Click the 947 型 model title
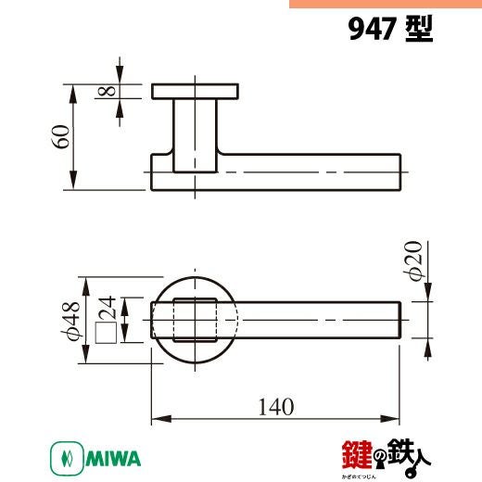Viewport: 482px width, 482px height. [390, 29]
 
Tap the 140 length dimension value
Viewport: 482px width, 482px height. [276, 407]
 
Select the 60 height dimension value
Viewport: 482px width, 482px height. [61, 136]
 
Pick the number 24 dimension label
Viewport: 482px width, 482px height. [107, 308]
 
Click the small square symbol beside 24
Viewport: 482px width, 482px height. [106, 333]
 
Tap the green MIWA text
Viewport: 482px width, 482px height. [113, 458]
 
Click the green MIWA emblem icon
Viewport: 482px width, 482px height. [67, 458]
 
